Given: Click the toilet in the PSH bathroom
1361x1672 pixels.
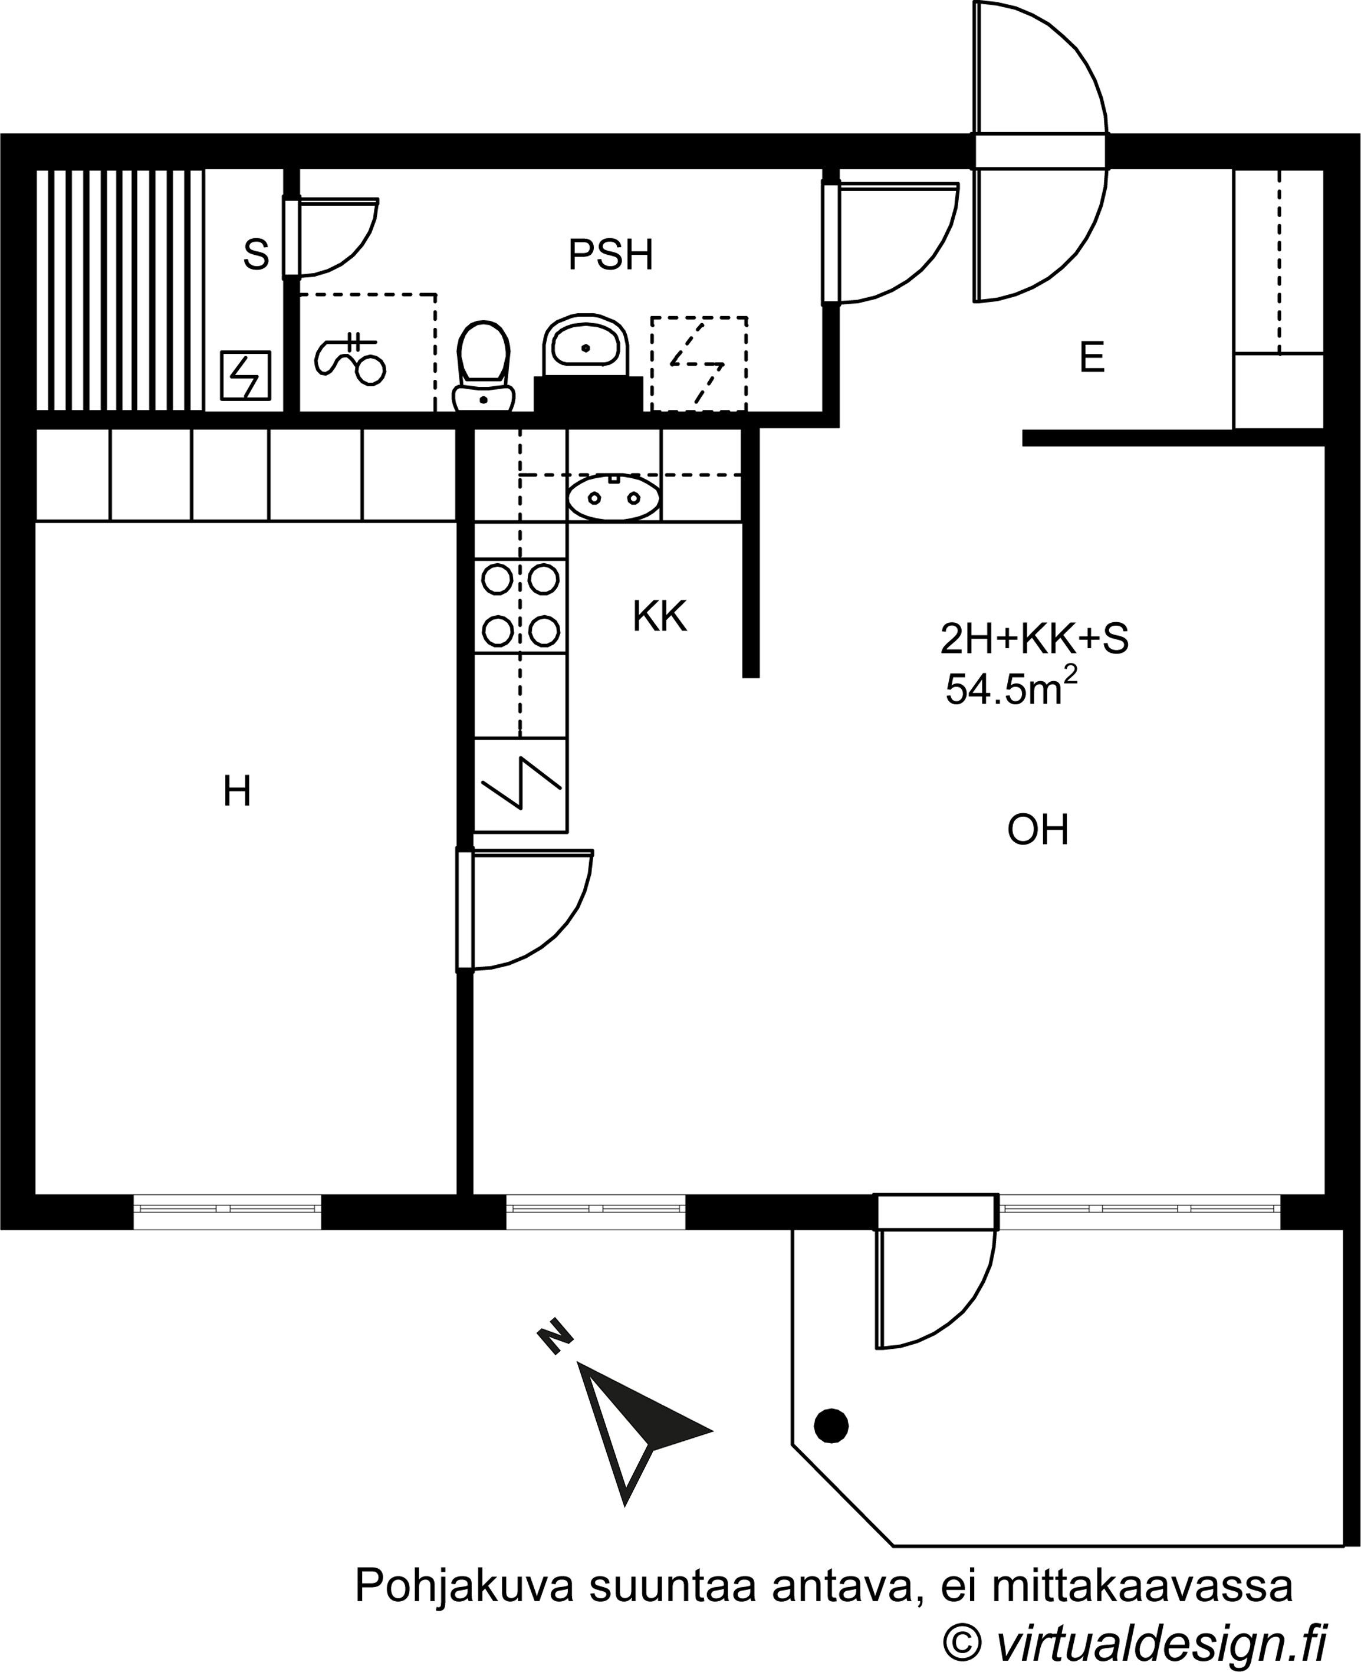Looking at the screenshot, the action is [x=484, y=366].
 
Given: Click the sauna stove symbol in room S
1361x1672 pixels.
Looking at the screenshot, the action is [x=245, y=376].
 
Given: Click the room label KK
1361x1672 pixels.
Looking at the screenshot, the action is [x=659, y=616].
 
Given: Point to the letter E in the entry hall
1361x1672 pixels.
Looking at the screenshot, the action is [x=1092, y=357].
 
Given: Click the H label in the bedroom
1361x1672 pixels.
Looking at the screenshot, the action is [x=237, y=791].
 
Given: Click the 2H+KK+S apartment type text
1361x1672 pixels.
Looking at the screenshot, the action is [x=1034, y=639].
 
